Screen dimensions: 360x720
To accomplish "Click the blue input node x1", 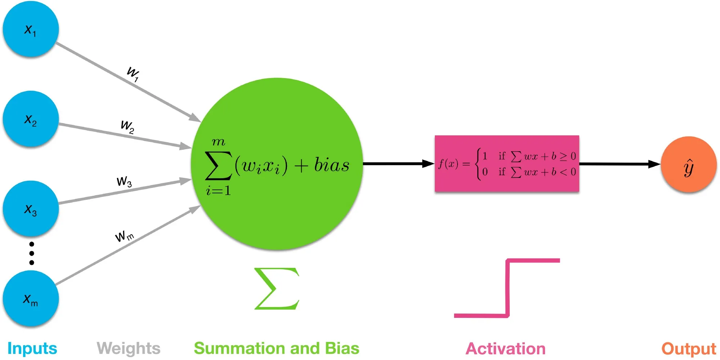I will (31, 29).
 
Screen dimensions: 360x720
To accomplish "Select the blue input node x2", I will (31, 119).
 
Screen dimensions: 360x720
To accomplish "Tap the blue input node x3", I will (31, 209).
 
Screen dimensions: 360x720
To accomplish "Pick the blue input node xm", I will (31, 299).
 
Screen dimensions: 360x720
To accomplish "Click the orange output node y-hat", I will (688, 165).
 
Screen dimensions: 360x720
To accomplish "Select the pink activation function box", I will (507, 164).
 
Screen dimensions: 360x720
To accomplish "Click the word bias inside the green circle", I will (332, 165).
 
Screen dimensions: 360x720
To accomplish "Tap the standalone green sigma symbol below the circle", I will (276, 288).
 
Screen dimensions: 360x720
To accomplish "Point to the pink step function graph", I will (507, 288).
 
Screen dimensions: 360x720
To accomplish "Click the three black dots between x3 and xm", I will (32, 253).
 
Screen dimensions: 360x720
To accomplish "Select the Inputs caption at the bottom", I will (32, 348).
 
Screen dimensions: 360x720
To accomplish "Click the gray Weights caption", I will (129, 348).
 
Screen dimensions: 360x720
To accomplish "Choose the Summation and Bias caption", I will (276, 348).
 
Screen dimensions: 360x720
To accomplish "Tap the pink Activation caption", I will (505, 348).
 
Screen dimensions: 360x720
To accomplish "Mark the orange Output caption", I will (689, 348).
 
